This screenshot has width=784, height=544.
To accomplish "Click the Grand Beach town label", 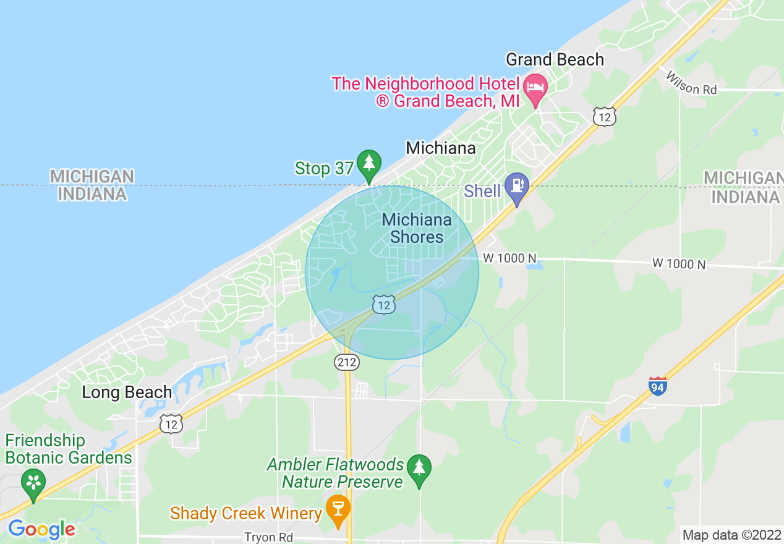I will coord(555,60).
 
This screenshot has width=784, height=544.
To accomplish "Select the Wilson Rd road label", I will coord(691,83).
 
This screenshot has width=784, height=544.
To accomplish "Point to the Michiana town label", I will coord(441,148).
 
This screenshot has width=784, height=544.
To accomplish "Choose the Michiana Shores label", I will coord(417,228).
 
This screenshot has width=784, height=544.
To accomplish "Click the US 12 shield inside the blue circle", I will coord(384,304).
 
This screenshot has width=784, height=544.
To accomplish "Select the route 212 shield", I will coord(347,363).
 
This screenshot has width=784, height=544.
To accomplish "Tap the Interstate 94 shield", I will coord(658,386).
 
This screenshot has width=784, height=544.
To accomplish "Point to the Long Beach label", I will coord(127,393).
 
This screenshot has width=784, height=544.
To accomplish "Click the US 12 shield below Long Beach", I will coord(171,423).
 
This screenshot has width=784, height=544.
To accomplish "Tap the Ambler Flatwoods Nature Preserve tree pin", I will coord(420,468).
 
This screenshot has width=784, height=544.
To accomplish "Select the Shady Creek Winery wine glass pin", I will coord(338,509).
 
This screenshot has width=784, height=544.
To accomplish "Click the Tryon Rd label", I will coord(268,537).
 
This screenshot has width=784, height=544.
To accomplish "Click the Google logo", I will coord(41,529).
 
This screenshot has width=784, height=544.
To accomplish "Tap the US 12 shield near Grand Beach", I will coord(603,116).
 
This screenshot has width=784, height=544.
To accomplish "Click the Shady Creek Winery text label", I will coord(246,513).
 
